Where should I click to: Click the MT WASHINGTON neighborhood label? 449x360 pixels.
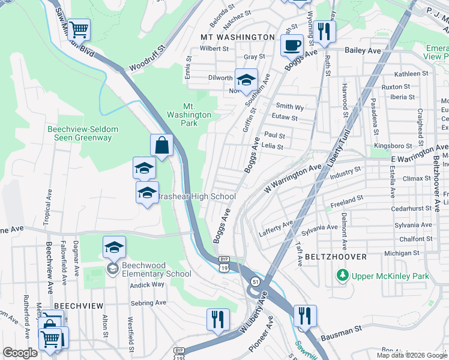tap(237, 37)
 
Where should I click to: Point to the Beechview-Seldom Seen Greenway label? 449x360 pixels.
tap(79, 133)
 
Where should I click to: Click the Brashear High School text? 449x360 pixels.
tap(194, 197)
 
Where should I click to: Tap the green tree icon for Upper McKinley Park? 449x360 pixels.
tap(343, 275)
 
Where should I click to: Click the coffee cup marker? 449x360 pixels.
tap(292, 45)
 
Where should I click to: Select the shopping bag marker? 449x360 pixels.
tap(161, 145)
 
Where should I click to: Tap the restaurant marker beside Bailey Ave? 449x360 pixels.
tap(324, 32)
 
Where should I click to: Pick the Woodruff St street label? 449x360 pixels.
tap(146, 54)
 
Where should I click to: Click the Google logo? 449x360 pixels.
tap(20, 353)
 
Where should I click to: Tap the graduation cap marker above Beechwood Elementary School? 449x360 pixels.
tap(114, 247)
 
